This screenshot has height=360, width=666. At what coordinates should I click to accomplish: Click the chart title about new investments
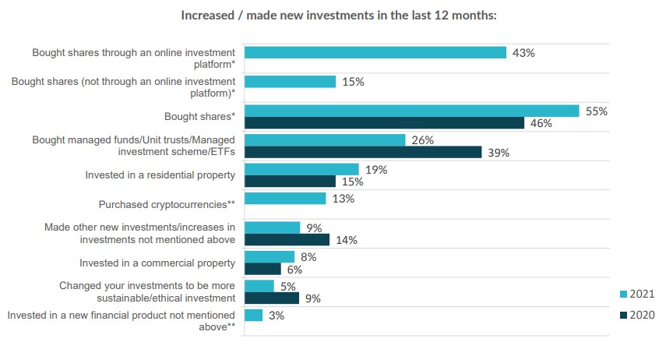pos(338,16)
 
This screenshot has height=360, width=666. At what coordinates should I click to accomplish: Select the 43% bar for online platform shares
pos(375,52)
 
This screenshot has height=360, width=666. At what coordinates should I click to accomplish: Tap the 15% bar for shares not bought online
pos(290,82)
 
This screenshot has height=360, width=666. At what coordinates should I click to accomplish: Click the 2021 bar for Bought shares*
pos(412,111)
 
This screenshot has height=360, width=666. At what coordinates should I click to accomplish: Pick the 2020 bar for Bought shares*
pos(384,123)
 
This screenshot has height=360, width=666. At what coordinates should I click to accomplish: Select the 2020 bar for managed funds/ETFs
pos(363,152)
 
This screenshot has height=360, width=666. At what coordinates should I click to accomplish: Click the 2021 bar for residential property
pos(301,169)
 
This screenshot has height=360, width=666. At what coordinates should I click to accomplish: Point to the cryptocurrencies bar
pos(285,199)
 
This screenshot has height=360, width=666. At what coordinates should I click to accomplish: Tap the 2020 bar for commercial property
pos(263,269)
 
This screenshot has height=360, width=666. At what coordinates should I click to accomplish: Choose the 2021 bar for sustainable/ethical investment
pos(259,286)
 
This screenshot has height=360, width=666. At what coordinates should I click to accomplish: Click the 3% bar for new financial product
pos(253,315)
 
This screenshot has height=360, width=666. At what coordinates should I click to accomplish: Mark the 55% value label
pos(596,111)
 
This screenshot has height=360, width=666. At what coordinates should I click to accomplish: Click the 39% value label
pos(499,153)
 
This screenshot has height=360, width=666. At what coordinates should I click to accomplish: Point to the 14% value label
pos(346,240)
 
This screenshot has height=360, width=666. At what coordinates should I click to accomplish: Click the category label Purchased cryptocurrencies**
pos(167,204)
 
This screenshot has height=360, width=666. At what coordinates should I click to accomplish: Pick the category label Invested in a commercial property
pos(157,263)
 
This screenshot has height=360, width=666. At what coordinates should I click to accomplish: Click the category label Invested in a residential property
pos(160,175)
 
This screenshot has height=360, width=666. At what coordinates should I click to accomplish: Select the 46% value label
pos(541,123)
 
